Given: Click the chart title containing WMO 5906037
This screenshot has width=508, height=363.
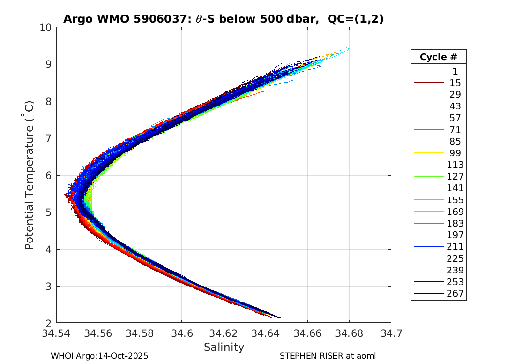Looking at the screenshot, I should pyautogui.click(x=223, y=19).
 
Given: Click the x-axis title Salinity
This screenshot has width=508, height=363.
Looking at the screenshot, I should pyautogui.click(x=224, y=347).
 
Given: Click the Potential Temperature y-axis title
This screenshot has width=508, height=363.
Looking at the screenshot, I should pyautogui.click(x=30, y=175).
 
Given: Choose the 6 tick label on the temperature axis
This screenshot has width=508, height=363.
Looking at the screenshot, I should pyautogui.click(x=49, y=175).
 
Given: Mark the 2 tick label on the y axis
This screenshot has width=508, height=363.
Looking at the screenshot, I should pyautogui.click(x=49, y=323).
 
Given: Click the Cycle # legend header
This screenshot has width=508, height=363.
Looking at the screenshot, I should pyautogui.click(x=438, y=57).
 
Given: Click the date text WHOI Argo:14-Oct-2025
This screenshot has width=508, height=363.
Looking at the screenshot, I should pyautogui.click(x=99, y=356).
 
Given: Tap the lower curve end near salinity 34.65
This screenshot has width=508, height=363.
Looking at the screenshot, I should pyautogui.click(x=283, y=318).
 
